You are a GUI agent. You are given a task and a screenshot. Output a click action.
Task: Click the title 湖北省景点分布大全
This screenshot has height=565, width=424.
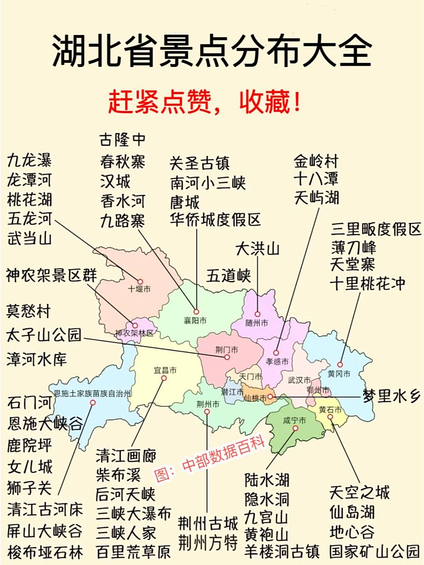[x=212, y=52]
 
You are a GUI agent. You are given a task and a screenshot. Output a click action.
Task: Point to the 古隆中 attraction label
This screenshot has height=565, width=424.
[x=122, y=140]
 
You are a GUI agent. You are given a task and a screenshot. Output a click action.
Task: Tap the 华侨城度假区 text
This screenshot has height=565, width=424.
[x=216, y=219]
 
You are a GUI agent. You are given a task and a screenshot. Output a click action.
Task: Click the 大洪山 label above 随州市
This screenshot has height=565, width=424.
[x=257, y=249]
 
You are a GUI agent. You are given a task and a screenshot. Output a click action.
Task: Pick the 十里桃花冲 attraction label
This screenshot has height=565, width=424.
[x=367, y=283]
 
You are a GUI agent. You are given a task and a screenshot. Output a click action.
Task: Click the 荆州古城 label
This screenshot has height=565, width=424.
[x=208, y=524]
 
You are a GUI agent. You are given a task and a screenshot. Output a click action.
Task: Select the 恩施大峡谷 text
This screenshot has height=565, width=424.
[x=45, y=424]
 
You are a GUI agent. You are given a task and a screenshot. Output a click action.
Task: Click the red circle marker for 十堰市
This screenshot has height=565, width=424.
[x=140, y=282]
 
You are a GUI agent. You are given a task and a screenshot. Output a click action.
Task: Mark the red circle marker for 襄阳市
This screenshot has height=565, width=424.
[x=196, y=312]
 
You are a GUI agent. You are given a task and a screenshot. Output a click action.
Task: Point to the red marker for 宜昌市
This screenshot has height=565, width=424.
[x=164, y=378]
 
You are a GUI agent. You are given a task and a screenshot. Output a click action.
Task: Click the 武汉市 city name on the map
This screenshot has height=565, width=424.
[x=299, y=380]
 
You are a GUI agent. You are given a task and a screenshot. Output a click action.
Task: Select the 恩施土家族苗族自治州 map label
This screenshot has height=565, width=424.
[x=92, y=394]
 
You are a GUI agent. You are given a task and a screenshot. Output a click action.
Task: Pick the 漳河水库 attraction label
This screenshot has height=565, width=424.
[x=37, y=359]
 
